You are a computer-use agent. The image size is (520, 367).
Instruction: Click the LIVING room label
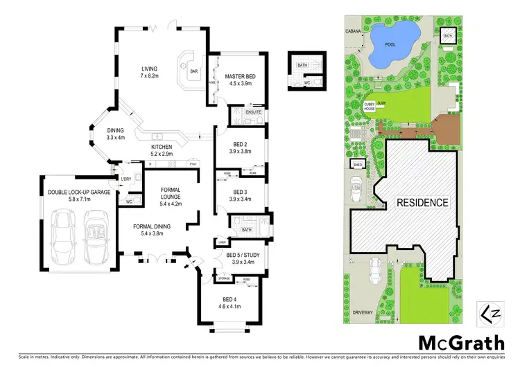point(150,69)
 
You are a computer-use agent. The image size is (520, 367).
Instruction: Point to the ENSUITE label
point(253,111)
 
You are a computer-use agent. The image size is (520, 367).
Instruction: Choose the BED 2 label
point(241,144)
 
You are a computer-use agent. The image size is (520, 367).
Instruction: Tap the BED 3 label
point(241,192)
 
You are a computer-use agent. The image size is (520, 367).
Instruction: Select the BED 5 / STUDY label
point(243,255)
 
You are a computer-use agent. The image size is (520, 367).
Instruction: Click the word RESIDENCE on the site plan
point(422,203)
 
